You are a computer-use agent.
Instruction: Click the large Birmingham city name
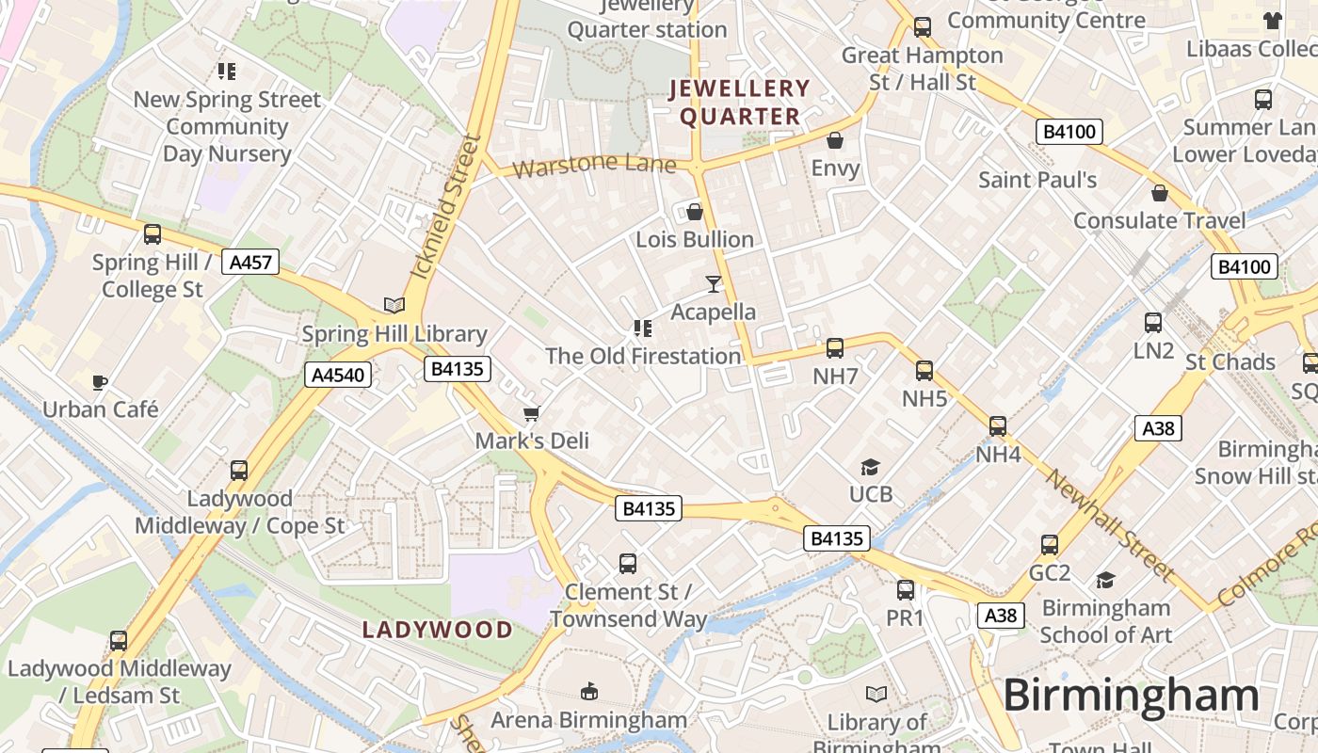pos(1131,696)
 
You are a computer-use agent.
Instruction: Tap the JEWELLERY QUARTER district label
pos(739,103)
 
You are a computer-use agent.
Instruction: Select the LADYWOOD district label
pos(438,630)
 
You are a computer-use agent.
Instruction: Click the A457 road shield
pos(251,262)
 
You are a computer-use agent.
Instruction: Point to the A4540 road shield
pos(338,376)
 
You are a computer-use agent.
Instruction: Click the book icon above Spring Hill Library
pos(394,305)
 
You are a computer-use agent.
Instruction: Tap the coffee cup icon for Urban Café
pos(100,381)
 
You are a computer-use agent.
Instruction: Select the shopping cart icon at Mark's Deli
pos(532,413)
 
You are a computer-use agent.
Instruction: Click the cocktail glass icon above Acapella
pos(714,283)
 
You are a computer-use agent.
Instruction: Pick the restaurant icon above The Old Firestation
pos(643,328)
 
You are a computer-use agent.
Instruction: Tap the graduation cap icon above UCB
pos(870,467)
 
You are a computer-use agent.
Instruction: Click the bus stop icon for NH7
pos(834,348)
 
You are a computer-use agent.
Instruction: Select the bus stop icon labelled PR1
pos(906,590)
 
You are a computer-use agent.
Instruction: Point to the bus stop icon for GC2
pos(1050,545)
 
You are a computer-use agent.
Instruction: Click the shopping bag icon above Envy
pos(834,141)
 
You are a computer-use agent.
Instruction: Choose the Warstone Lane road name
pos(595,166)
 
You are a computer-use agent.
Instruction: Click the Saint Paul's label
pos(1037,180)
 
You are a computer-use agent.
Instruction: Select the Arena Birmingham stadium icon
pos(589,692)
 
